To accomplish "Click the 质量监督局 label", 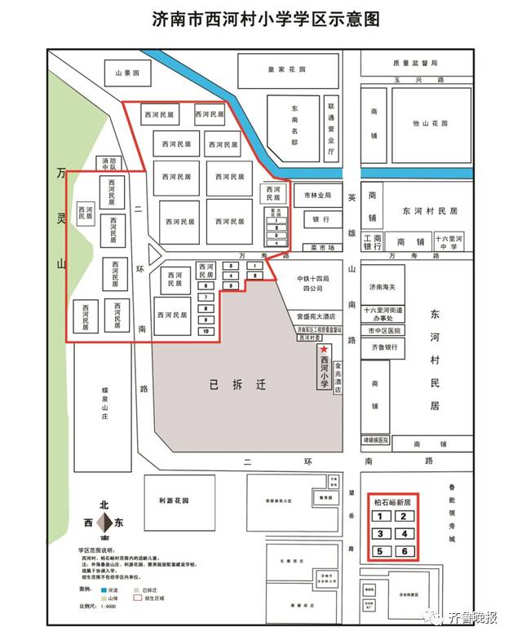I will point(415,63).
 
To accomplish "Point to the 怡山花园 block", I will point(430,124).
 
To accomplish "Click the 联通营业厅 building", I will point(331,128).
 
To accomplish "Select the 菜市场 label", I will point(323,247).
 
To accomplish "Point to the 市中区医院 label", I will point(383,331).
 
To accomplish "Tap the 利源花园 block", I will point(174,501).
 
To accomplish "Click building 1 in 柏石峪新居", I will point(379,516).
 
